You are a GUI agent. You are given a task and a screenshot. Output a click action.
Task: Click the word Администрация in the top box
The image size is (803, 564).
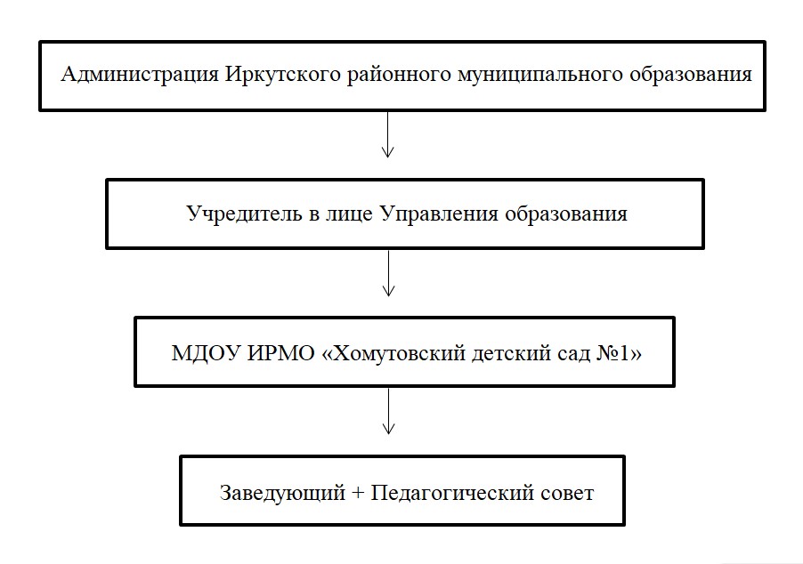tap(140, 74)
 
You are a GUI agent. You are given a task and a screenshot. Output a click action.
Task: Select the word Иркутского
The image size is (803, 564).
tap(283, 74)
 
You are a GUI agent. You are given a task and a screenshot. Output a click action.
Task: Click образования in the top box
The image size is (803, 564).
tap(690, 74)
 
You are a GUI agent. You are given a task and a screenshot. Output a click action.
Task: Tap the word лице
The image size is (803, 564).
tap(349, 214)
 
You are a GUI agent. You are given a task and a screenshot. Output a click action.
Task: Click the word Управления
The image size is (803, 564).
tap(439, 214)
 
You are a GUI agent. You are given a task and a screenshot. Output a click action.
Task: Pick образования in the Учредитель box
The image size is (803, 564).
tap(566, 214)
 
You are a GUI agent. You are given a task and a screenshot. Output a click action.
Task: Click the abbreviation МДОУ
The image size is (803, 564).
tap(206, 353)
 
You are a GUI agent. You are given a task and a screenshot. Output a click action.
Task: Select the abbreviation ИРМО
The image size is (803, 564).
tap(280, 353)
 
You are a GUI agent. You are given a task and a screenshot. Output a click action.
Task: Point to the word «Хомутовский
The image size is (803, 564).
tap(393, 353)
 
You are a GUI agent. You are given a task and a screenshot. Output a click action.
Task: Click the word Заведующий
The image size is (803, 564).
tap(283, 493)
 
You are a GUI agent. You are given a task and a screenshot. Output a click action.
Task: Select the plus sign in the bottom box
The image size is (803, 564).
tap(358, 493)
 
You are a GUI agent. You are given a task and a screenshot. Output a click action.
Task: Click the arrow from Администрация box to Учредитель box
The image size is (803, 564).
tap(387, 134)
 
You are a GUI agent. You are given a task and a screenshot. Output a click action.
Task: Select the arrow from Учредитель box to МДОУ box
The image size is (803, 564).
tap(389, 273)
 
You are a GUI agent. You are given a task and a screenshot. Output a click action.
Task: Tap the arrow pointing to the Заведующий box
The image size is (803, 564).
tap(389, 411)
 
